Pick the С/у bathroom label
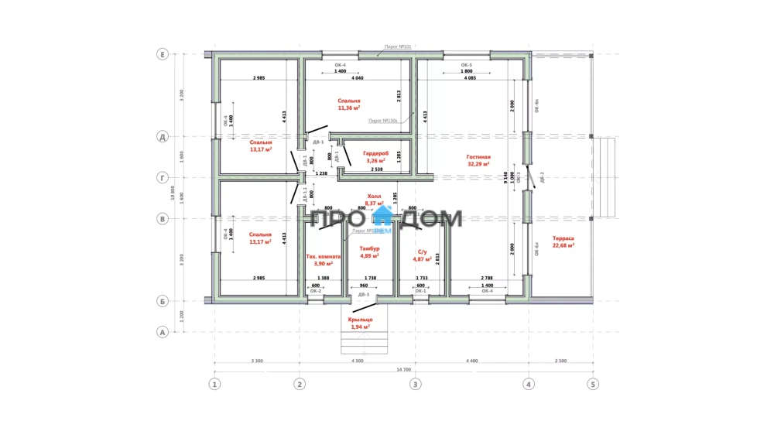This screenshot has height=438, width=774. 422,252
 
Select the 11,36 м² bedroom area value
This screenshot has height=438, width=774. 349,108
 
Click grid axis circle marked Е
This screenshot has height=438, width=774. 163,54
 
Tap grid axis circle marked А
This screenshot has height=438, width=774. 163,333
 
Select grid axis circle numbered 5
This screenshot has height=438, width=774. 594,383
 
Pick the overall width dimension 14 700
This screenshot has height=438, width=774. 403,370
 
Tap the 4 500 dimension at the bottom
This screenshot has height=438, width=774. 357,360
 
